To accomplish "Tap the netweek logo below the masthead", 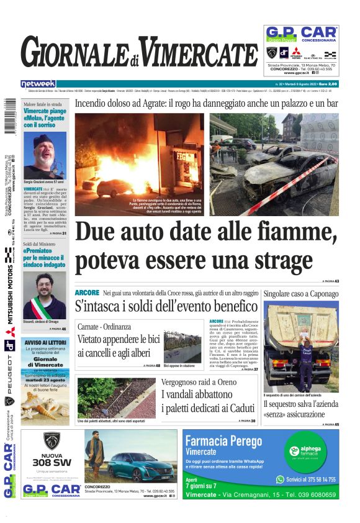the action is (x=38, y=84).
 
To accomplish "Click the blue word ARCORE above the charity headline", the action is (x=86, y=292).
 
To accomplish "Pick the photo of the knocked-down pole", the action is (x=117, y=398).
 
